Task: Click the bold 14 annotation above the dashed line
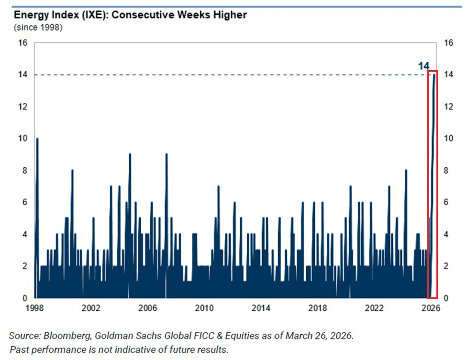423,66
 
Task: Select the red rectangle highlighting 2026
432,184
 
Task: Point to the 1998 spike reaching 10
37,140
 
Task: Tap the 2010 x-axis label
204,308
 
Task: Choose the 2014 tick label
261,308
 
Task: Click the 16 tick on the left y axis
22,43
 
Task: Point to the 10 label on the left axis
22,139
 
